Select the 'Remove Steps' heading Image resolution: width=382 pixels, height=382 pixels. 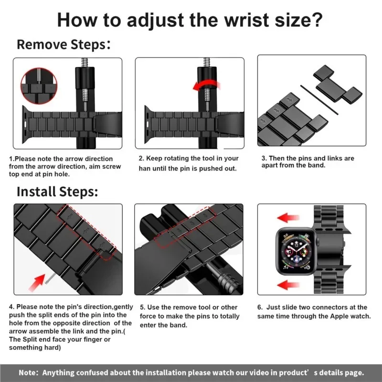click(x=61, y=45)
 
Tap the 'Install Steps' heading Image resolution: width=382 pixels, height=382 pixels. click(x=57, y=192)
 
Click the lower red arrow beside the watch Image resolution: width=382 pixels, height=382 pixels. click(x=289, y=285)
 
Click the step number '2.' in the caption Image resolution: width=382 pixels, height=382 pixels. click(x=142, y=159)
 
